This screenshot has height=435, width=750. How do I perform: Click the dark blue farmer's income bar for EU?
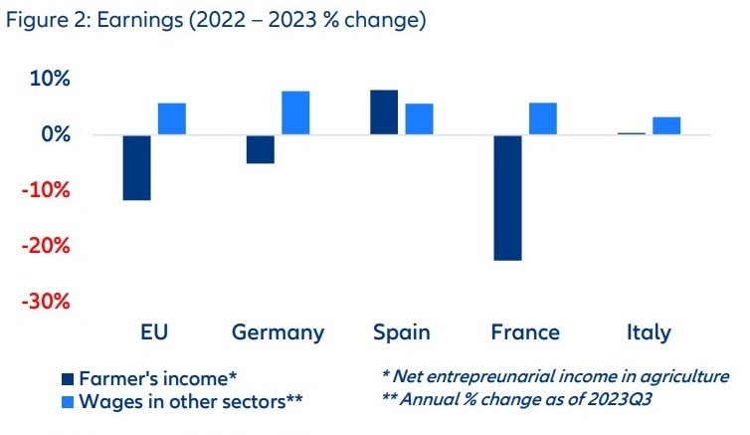(x=137, y=167)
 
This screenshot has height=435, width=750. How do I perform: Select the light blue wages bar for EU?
(x=172, y=118)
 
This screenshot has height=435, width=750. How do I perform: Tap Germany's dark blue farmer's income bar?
(x=261, y=149)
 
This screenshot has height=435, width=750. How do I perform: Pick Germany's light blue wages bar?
(x=295, y=112)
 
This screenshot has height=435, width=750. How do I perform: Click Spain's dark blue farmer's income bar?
(x=384, y=112)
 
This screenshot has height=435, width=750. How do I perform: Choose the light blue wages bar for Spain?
(x=419, y=118)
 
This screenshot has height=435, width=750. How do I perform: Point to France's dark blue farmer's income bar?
(x=507, y=197)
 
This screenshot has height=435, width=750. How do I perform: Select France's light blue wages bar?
(x=542, y=118)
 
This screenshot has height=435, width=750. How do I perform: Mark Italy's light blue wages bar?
(x=666, y=125)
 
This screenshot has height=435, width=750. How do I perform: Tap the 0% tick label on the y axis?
(x=70, y=134)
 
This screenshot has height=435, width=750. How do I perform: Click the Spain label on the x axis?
(x=401, y=332)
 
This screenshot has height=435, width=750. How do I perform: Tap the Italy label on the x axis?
(x=649, y=332)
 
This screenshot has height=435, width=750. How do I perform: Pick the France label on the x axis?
(x=525, y=332)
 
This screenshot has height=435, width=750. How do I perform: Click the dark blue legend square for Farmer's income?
(x=68, y=379)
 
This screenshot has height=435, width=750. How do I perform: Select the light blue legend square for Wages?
(x=68, y=401)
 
